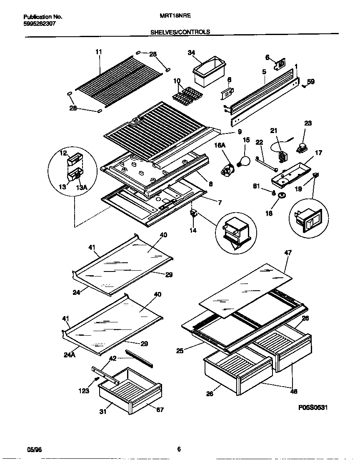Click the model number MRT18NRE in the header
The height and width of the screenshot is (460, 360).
coord(175,17)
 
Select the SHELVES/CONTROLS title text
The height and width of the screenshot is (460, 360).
coord(180,32)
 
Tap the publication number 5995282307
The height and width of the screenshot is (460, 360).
coord(40,24)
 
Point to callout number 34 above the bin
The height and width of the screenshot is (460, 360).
coord(191,53)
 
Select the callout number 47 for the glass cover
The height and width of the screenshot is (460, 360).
coord(288,253)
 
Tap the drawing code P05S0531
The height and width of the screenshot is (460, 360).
coord(313,407)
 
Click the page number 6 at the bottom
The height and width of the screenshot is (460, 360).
coord(179,449)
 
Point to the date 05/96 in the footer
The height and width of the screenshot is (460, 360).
coord(35,449)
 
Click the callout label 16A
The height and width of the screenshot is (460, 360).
coord(220,145)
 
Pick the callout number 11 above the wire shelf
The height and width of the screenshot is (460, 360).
coord(99,52)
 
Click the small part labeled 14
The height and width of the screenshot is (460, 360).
coord(193,214)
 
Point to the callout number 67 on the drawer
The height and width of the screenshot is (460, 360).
coord(160,410)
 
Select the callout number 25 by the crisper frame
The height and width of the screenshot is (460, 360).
coord(180,351)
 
